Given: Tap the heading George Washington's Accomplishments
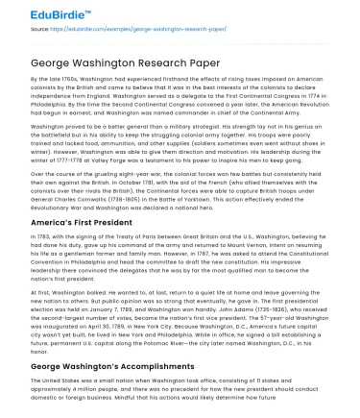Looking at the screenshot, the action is (x=99, y=368).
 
